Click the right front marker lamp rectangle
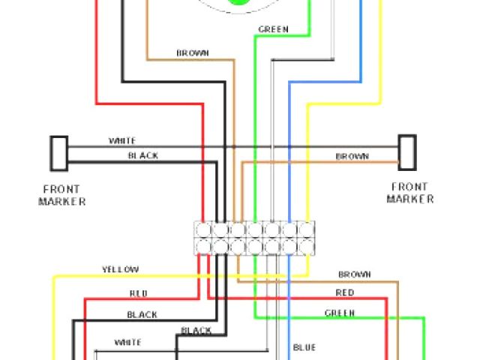(406, 152)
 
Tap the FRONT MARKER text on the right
(409, 193)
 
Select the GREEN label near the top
(273, 30)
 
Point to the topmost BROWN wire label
(193, 53)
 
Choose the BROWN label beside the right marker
(352, 157)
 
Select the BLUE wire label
(304, 347)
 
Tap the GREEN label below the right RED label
(340, 312)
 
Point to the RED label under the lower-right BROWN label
(345, 292)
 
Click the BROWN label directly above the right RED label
(354, 274)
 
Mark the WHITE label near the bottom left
(127, 342)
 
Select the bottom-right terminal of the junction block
(306, 246)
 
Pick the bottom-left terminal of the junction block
(202, 246)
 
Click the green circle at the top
(240, 4)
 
